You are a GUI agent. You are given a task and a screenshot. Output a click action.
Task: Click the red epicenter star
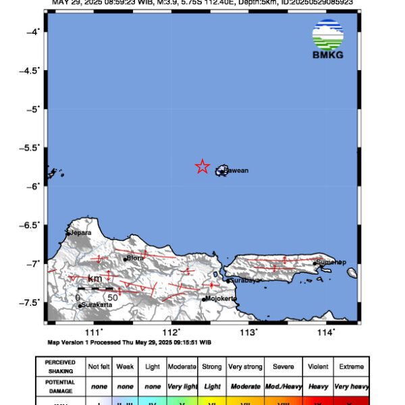tap(202, 167)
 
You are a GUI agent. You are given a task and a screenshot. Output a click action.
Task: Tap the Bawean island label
tap(236, 171)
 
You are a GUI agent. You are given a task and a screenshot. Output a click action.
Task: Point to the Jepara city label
tap(80, 233)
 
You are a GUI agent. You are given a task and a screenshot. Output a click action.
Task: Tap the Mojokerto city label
tap(221, 298)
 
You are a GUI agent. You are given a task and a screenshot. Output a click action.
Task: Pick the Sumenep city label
tap(331, 262)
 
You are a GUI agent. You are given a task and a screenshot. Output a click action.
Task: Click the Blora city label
tap(136, 258)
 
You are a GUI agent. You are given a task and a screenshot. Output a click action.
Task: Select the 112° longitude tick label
tap(171, 332)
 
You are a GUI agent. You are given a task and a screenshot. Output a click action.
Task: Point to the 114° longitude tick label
tap(327, 332)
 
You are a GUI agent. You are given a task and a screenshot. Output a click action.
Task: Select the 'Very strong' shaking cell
tap(244, 367)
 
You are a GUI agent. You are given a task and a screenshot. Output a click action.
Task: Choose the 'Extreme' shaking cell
tap(351, 367)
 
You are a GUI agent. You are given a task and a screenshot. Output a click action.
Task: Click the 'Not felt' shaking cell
tap(100, 367)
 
